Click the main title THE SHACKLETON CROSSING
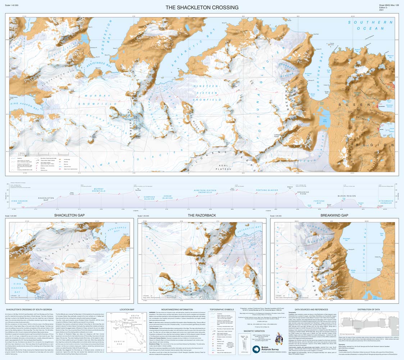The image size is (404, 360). point(202,7)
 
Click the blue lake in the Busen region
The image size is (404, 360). point(326,121)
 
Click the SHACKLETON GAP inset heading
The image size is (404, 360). point(69,215)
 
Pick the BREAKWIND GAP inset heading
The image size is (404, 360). point(335,215)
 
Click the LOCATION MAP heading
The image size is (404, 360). point(127,309)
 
